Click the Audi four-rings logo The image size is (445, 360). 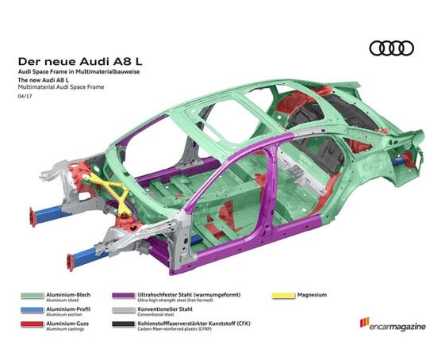pos(391,48)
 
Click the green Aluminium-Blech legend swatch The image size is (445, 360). pos(33,296)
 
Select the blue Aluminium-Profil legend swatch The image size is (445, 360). pos(33,310)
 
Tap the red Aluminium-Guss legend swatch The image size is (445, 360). pos(33,324)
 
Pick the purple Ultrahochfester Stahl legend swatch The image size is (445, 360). pos(124,296)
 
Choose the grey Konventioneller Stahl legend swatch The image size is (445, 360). pos(124,310)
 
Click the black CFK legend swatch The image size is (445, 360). pos(124,324)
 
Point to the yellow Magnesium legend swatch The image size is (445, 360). pos(283,296)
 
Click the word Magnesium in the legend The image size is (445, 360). pos(312,295)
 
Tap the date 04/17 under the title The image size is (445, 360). pos(25,96)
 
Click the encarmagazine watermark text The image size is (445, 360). pos(397,327)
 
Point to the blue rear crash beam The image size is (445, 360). pos(399,161)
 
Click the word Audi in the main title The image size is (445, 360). pos(91,61)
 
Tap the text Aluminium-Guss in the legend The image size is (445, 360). pos(67,324)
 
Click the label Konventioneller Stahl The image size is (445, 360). pos(165,309)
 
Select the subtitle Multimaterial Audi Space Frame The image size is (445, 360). pos(61,87)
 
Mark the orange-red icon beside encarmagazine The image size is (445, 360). pos(364,322)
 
